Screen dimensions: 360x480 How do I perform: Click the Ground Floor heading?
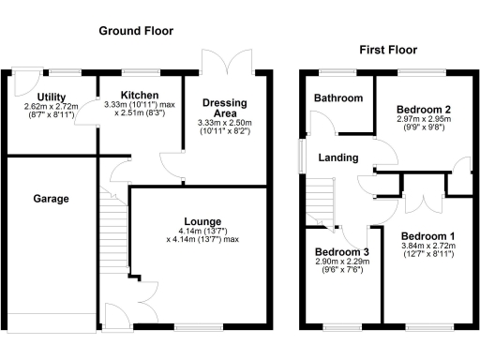coord(136,31)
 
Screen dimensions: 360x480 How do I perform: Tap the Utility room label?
coord(51,97)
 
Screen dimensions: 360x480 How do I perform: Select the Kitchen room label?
coord(139,95)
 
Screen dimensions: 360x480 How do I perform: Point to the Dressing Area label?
coord(224,108)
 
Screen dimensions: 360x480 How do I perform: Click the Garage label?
coord(52,199)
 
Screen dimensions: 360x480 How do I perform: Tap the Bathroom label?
coord(338,97)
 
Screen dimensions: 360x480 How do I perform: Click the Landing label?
coord(337,157)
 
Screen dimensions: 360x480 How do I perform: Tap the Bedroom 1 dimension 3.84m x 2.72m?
coord(427,250)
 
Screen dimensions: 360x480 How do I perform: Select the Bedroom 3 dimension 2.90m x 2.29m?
coord(341,266)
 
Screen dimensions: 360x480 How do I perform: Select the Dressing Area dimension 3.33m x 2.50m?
coord(224,127)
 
